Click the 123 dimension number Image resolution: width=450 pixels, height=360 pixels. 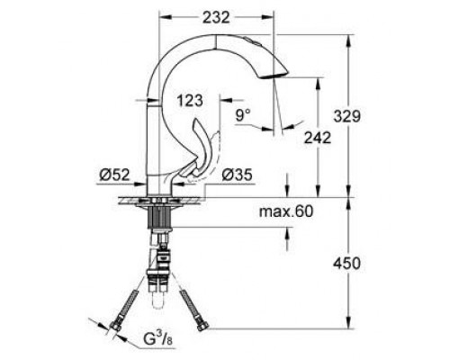click(191, 99)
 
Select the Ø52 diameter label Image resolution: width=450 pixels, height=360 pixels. click(108, 175)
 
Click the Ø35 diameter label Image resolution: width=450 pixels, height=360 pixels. click(236, 175)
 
